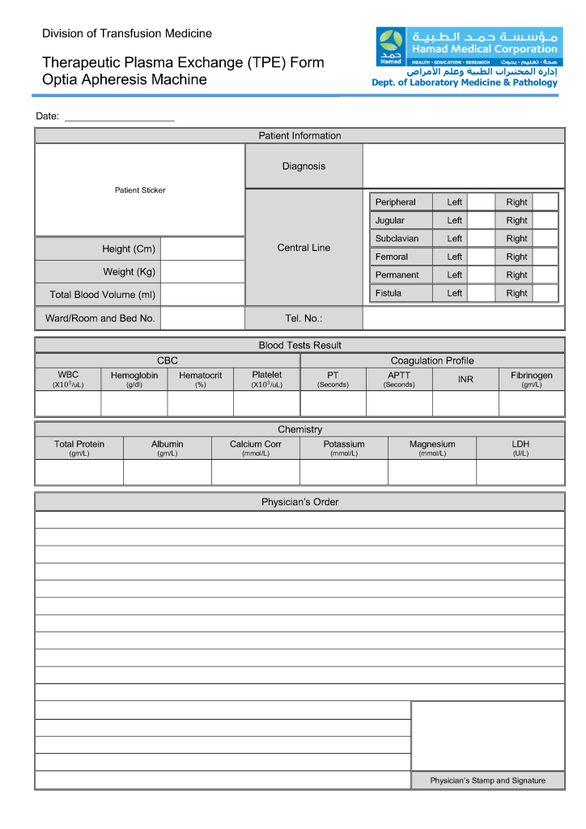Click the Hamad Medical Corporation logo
392,46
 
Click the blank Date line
119,117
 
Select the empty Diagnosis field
463,166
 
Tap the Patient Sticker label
140,190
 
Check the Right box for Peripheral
545,202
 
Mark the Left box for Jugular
481,220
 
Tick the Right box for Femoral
545,257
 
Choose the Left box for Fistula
481,293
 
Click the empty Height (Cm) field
202,249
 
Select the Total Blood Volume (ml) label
102,295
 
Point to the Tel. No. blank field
463,318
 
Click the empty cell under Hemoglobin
134,403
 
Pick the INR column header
465,379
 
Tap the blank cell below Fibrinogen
532,403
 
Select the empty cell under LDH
520,472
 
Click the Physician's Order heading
299,502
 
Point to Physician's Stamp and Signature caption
487,780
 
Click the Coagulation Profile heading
432,360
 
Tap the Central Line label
304,248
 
